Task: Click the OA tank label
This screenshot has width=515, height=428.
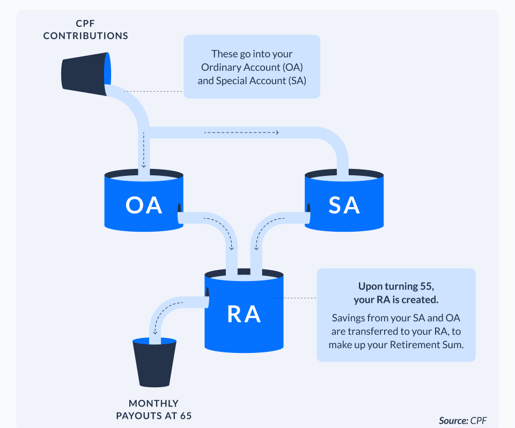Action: click(x=144, y=205)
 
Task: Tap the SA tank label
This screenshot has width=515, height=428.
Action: click(x=344, y=205)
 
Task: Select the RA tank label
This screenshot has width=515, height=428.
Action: click(x=244, y=314)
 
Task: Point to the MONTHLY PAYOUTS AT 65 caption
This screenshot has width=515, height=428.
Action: click(x=154, y=409)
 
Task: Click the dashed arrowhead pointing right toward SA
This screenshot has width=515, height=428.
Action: click(x=277, y=132)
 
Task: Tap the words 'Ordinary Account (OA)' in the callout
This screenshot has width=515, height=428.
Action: click(x=252, y=67)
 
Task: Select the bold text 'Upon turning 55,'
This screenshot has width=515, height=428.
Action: click(x=396, y=286)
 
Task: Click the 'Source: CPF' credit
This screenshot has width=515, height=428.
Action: click(x=462, y=420)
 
